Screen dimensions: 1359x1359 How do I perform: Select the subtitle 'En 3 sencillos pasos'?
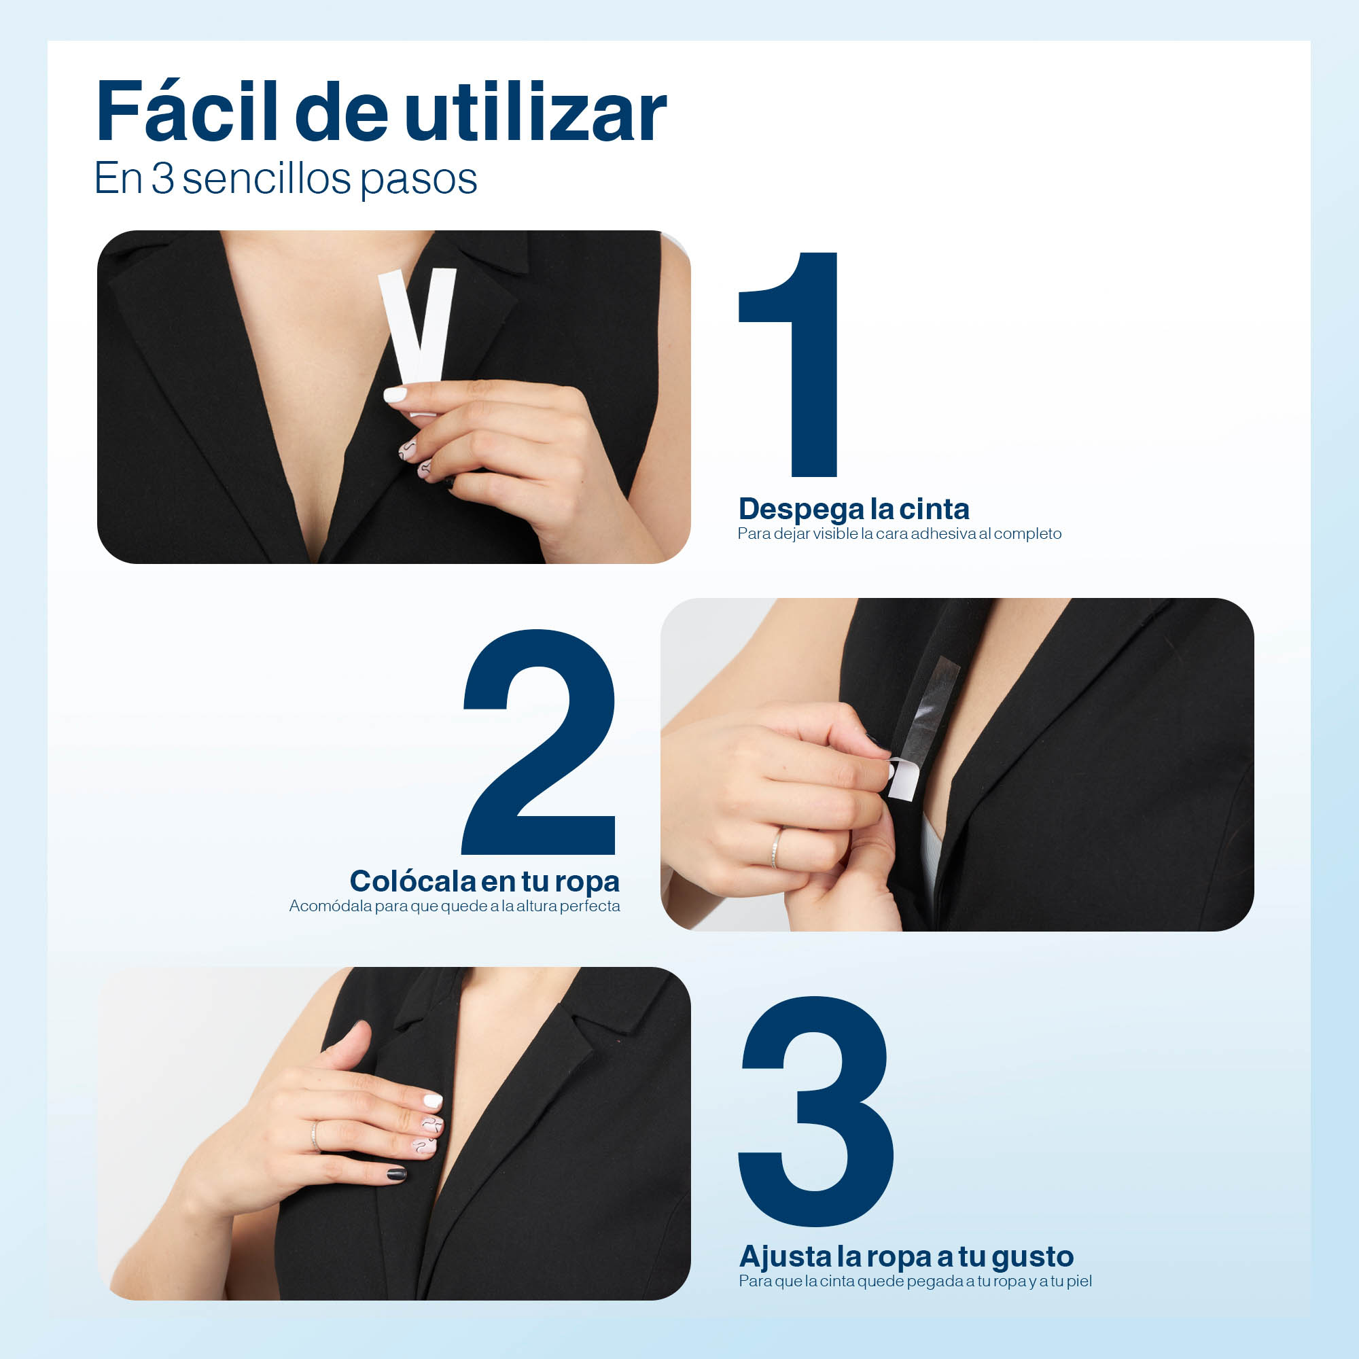click(285, 179)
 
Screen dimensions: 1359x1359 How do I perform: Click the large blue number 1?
click(788, 364)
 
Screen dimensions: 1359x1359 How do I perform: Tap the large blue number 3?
click(816, 1112)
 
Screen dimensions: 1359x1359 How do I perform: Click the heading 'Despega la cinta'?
click(853, 509)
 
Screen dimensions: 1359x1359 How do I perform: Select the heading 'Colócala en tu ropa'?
click(484, 881)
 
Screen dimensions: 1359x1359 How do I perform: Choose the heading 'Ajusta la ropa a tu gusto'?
click(906, 1256)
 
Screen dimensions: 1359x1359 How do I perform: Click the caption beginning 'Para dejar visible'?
click(899, 534)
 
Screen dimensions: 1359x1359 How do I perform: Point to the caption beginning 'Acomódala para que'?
click(455, 906)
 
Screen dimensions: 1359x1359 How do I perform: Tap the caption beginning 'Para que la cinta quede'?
click(915, 1281)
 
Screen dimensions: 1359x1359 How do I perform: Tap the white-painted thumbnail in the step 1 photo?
click(395, 394)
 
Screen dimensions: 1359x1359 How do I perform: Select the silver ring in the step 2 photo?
click(776, 847)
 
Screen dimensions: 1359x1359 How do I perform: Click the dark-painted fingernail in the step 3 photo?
click(397, 1174)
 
